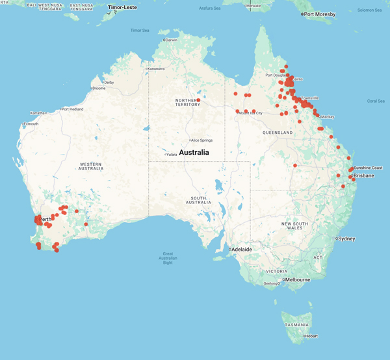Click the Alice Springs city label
(x=201, y=140)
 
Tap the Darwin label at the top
(x=172, y=40)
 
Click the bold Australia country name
(x=194, y=153)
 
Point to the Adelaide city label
(x=242, y=249)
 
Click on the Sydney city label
(x=346, y=238)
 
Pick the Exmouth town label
(x=31, y=123)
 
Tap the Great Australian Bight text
(x=168, y=258)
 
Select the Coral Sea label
(x=376, y=101)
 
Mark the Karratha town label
(x=36, y=113)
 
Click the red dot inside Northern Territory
(x=198, y=100)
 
